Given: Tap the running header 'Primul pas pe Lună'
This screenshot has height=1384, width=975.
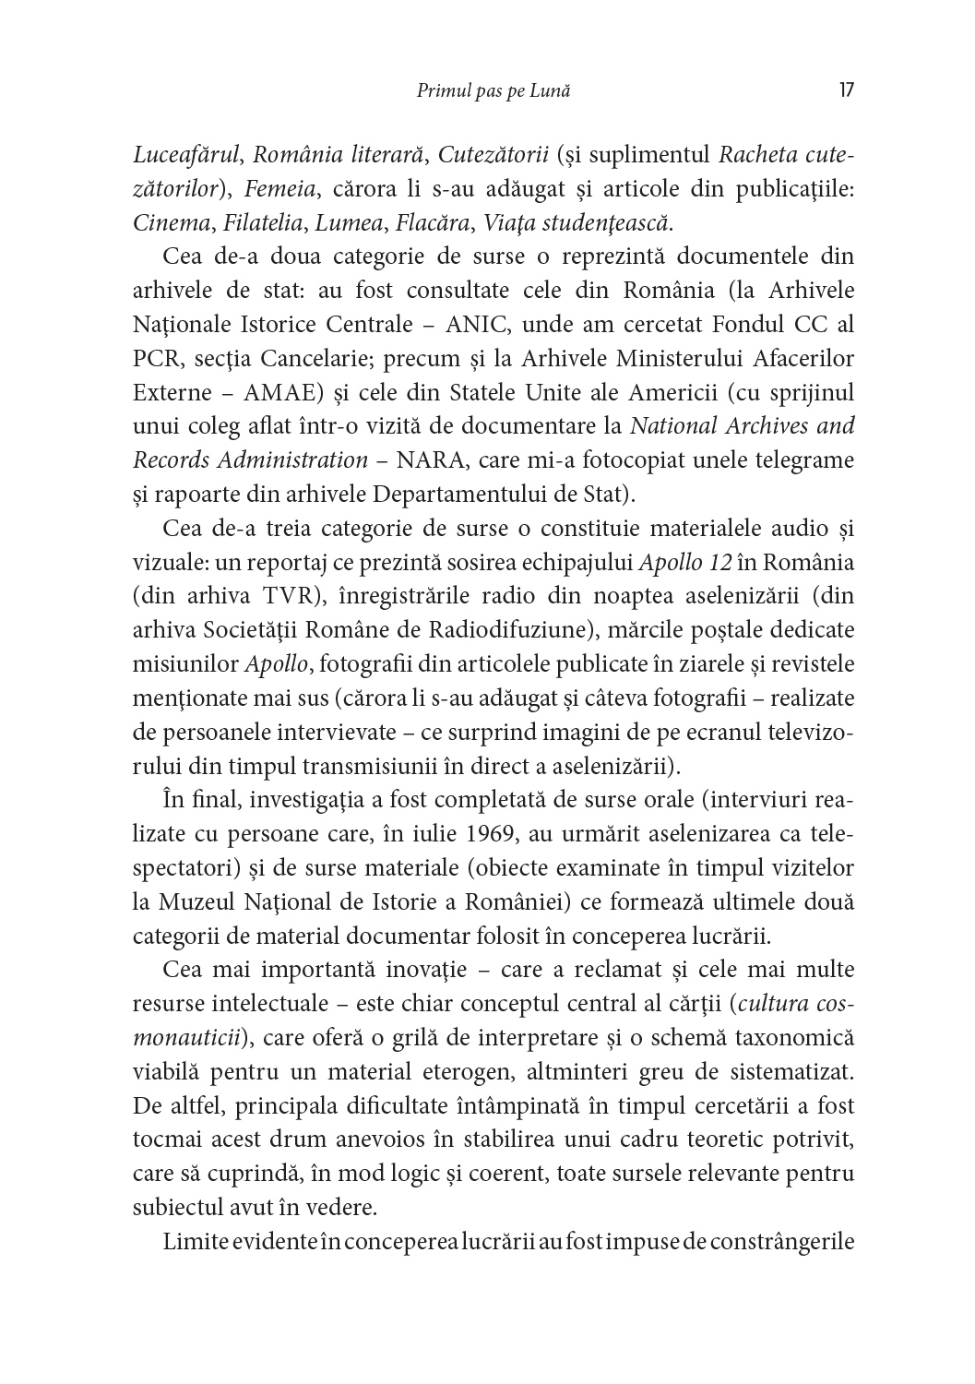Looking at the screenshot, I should pos(493,90).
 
